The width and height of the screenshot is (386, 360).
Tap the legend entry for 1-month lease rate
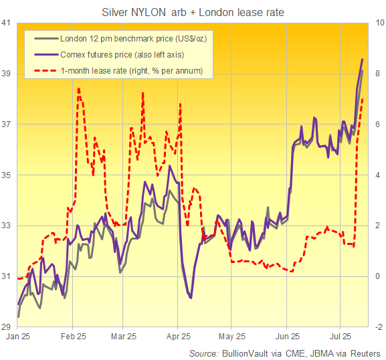(126, 70)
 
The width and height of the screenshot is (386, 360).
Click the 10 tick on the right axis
(379, 23)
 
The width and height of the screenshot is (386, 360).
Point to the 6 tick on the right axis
(379, 124)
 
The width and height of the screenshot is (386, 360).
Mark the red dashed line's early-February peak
(79, 88)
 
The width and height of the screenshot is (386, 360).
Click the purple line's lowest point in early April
(191, 298)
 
